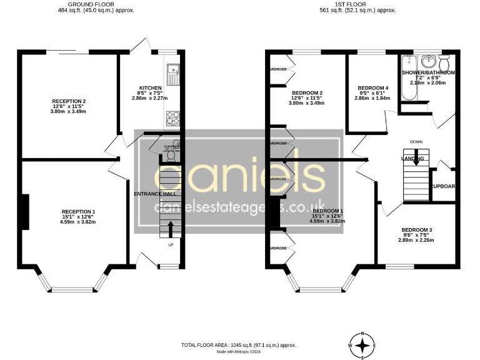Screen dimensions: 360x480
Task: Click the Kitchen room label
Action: (x=150, y=88)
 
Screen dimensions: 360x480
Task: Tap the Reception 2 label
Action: (x=69, y=101)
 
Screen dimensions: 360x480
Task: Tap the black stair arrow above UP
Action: (x=171, y=229)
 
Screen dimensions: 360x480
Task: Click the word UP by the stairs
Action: (x=171, y=244)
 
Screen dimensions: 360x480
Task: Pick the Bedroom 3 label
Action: (x=416, y=230)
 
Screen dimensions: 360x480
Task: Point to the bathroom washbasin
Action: (x=429, y=62)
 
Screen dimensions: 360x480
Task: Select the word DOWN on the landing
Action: (x=416, y=142)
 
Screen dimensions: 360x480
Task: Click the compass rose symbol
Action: (x=362, y=345)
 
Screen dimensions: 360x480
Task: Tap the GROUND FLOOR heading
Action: (x=96, y=4)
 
